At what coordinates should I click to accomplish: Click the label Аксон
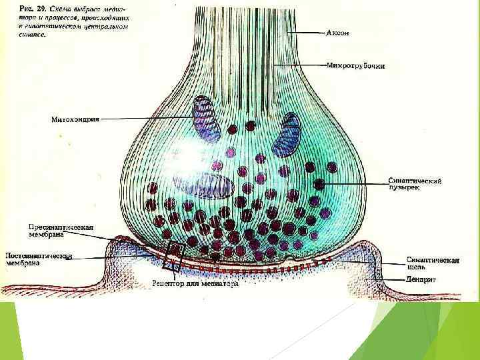click(338, 32)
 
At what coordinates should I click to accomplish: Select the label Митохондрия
click(75, 120)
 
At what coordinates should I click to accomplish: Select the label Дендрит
click(421, 280)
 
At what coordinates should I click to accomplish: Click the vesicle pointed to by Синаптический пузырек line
click(320, 182)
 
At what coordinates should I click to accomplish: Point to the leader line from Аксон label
click(307, 32)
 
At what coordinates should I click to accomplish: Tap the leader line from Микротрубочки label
click(300, 65)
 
